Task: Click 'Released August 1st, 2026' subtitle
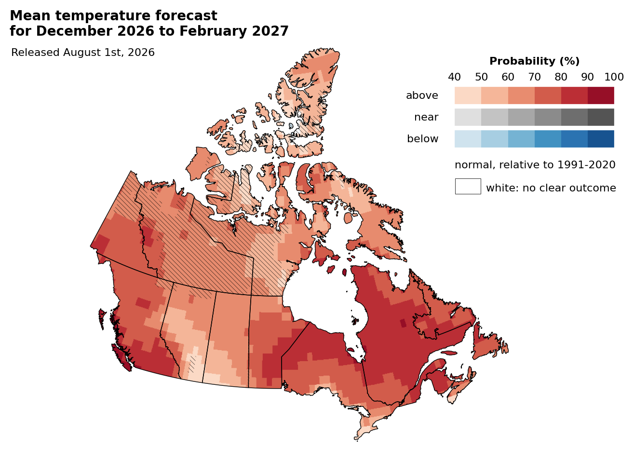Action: click(x=83, y=53)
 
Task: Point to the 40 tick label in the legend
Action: click(x=454, y=77)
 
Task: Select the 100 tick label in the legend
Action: click(x=614, y=77)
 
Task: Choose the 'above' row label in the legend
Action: click(x=422, y=95)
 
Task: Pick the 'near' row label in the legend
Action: click(x=426, y=117)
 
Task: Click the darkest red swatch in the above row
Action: click(x=601, y=95)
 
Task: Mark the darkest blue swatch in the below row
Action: click(x=601, y=139)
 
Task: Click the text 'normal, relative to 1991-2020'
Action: click(x=535, y=165)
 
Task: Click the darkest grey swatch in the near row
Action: click(x=601, y=117)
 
